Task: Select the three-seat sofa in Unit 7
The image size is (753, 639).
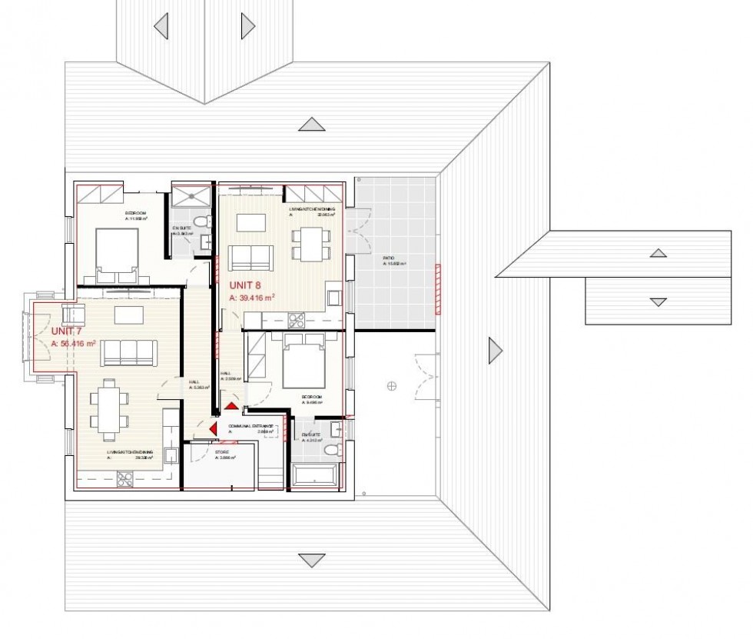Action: click(x=129, y=352)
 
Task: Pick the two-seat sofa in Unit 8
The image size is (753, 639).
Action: click(x=250, y=256)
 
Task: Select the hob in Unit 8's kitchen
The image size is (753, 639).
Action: click(x=297, y=319)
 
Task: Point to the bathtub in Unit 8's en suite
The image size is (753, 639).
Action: click(x=314, y=474)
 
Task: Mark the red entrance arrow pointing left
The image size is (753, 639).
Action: click(x=213, y=427)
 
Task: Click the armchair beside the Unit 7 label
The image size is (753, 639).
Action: click(x=72, y=315)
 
